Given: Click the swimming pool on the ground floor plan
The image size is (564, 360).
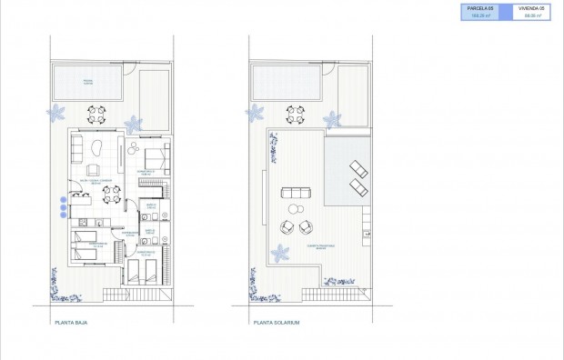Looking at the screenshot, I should [89, 85].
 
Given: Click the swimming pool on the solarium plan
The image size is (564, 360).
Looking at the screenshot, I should [286, 85].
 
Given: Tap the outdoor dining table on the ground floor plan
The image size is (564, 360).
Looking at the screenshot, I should [97, 115].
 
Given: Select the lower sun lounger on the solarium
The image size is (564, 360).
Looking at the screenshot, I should [359, 188].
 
